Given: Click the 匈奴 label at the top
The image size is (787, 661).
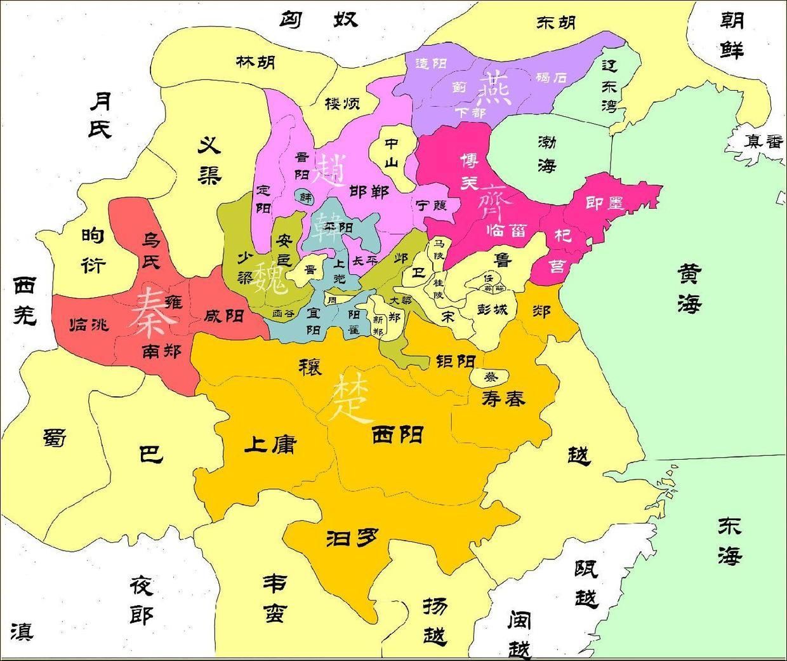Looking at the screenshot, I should tap(319, 19).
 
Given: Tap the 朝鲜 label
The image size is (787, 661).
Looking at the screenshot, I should tap(731, 35).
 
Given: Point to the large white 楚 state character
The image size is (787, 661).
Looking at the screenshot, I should tap(350, 399).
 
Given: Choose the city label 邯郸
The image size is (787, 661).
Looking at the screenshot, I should tap(369, 191).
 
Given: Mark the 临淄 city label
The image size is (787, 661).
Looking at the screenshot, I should tap(508, 230).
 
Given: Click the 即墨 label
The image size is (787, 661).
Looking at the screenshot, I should tap(604, 203).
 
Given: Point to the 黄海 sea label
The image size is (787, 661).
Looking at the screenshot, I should tap(688, 289).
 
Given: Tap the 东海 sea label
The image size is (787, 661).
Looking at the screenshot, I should tap(729, 541).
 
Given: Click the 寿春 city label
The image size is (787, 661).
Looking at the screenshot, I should tap(503, 398).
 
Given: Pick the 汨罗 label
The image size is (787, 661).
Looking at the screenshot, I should tap(352, 538).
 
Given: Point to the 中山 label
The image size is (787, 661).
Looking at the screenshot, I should tap(392, 153).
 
